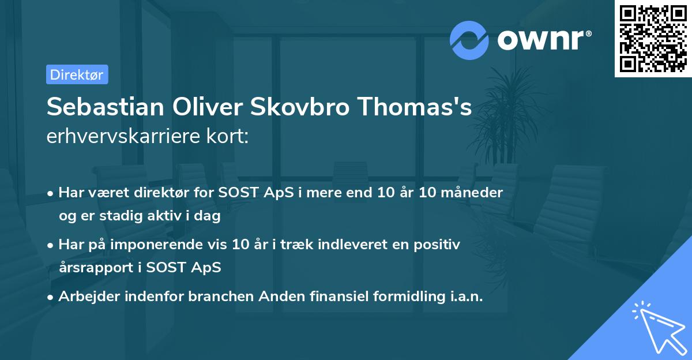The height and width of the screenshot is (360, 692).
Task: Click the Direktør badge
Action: coord(77,74)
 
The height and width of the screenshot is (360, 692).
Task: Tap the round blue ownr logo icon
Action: coord(469,40)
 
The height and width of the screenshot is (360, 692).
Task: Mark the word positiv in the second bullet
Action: coord(439,245)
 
